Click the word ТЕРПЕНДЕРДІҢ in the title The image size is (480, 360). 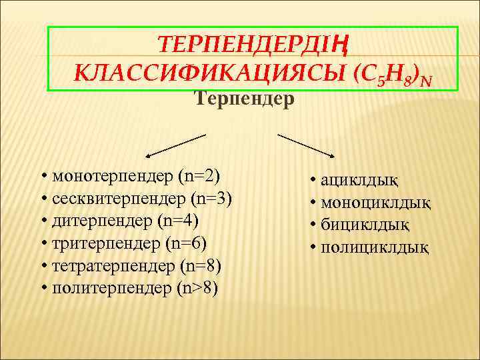253,45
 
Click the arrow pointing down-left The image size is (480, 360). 174,145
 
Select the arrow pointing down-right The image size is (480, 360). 306,147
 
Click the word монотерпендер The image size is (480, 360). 113,177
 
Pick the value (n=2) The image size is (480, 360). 199,177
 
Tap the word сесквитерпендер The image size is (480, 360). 119,199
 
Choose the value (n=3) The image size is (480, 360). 211,199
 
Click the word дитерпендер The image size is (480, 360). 104,221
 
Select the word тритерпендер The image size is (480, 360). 107,243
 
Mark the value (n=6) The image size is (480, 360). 187,243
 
